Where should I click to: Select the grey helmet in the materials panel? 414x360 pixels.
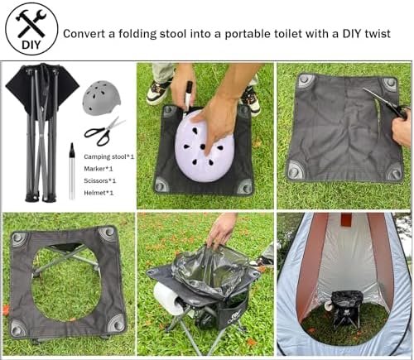[x=101, y=98]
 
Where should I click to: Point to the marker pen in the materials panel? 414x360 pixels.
[x=72, y=170]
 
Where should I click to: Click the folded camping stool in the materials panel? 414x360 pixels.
[x=41, y=132]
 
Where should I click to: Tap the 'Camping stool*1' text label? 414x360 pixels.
[x=108, y=156]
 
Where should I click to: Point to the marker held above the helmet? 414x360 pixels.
[x=189, y=94]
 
